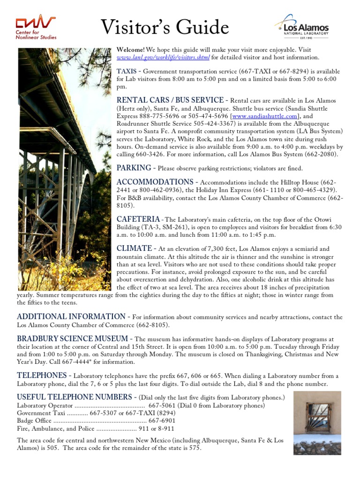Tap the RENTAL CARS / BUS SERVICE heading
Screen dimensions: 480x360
tap(170, 100)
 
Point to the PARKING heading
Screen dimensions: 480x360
tap(134, 168)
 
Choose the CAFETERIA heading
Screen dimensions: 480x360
tap(138, 219)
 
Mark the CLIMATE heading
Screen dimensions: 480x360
tap(134, 248)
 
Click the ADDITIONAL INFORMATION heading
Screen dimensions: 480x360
tap(71, 316)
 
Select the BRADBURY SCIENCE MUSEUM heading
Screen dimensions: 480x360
tap(72, 338)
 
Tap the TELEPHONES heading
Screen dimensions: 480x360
tap(42, 375)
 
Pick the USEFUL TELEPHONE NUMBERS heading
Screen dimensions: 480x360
tap(76, 397)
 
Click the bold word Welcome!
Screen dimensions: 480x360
tap(130, 50)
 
